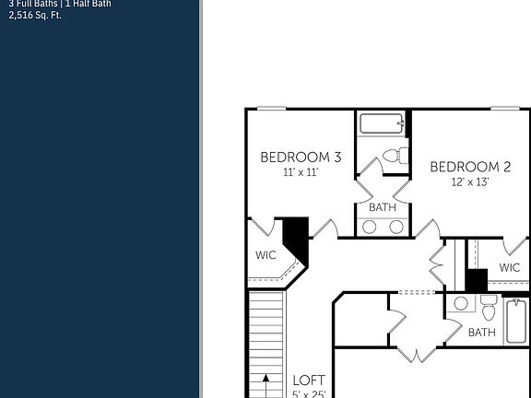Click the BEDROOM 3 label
[301, 158]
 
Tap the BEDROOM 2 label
[470, 167]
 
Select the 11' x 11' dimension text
[301, 172]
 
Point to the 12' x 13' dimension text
[470, 181]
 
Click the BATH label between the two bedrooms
[383, 207]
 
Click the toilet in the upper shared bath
[394, 156]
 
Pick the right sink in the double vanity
[395, 227]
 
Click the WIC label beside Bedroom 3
[265, 254]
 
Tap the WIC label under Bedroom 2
[509, 268]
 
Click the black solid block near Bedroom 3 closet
[296, 238]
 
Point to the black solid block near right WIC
[476, 280]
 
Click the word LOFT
[309, 380]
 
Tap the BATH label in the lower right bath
[481, 333]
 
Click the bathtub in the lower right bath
[517, 321]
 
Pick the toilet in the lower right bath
[489, 309]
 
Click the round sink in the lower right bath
[461, 303]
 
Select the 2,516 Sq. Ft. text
[35, 16]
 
